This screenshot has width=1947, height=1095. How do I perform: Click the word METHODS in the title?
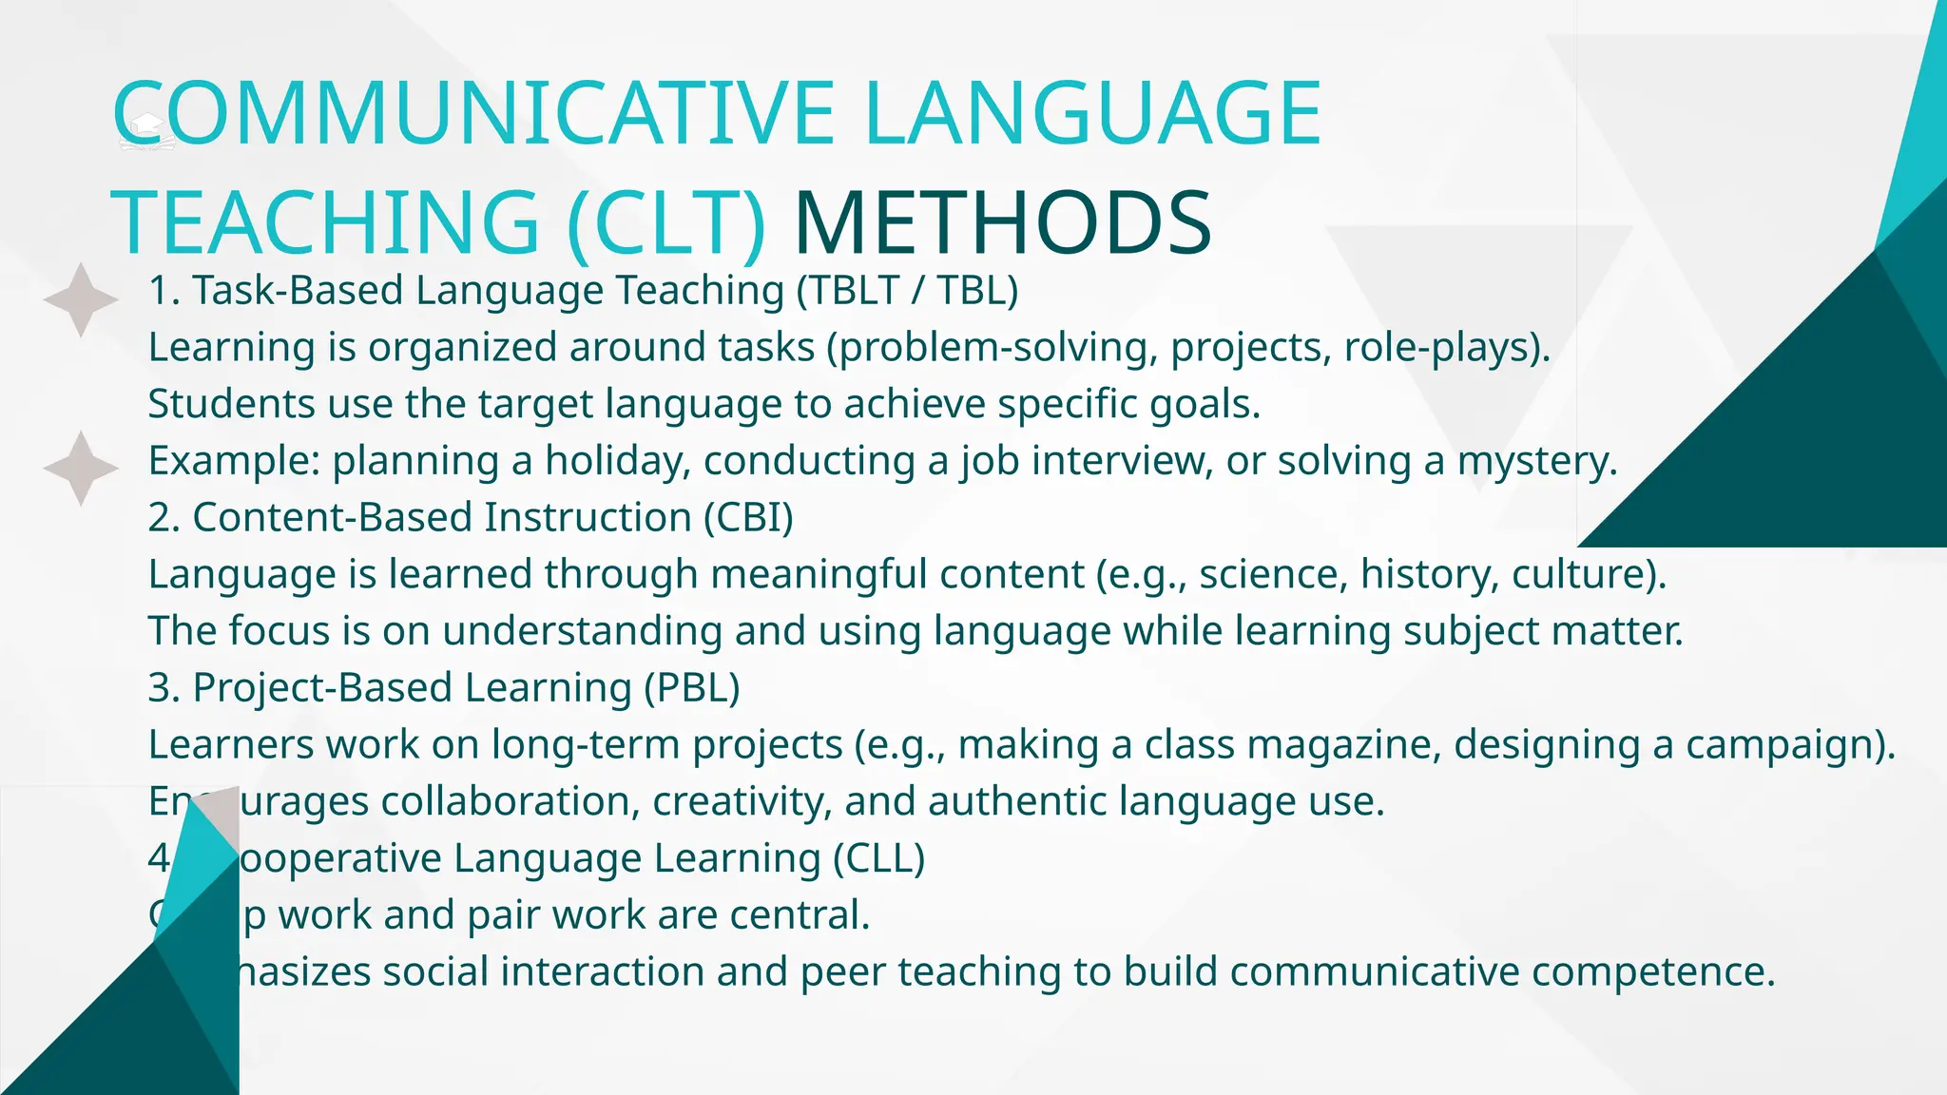coord(1002,223)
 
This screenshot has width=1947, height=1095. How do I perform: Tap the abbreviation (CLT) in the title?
coord(665,223)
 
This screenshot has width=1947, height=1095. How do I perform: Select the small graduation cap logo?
coord(147,132)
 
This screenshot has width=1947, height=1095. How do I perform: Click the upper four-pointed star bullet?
coord(81,299)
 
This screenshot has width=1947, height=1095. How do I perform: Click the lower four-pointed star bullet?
coord(81,468)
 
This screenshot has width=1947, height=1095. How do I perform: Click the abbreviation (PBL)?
coord(691,688)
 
